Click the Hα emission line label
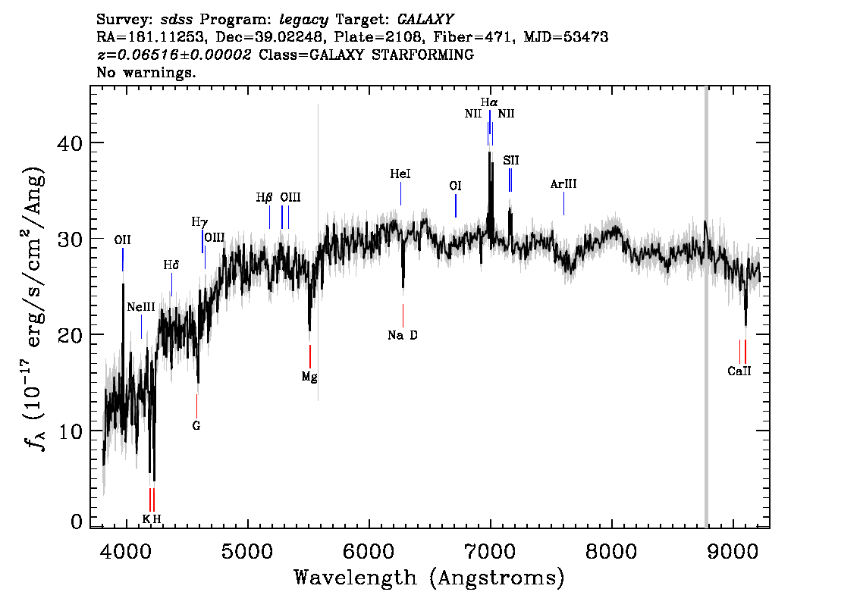pyautogui.click(x=489, y=102)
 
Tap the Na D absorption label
pyautogui.click(x=403, y=335)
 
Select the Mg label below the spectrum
pyautogui.click(x=309, y=377)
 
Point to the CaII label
pyautogui.click(x=739, y=371)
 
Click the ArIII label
pyautogui.click(x=563, y=184)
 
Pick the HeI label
pyautogui.click(x=400, y=174)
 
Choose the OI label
pyautogui.click(x=455, y=186)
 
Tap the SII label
pyautogui.click(x=510, y=160)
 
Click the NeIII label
pyautogui.click(x=141, y=307)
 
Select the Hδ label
pyautogui.click(x=171, y=265)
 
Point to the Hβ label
pyautogui.click(x=264, y=197)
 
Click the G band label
pyautogui.click(x=196, y=425)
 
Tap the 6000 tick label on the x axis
pyautogui.click(x=369, y=551)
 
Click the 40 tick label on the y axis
pyautogui.click(x=70, y=143)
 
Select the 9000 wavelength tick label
pyautogui.click(x=733, y=551)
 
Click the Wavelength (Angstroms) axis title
pyautogui.click(x=429, y=578)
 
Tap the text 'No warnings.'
pyautogui.click(x=146, y=72)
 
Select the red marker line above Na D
pyautogui.click(x=403, y=315)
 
